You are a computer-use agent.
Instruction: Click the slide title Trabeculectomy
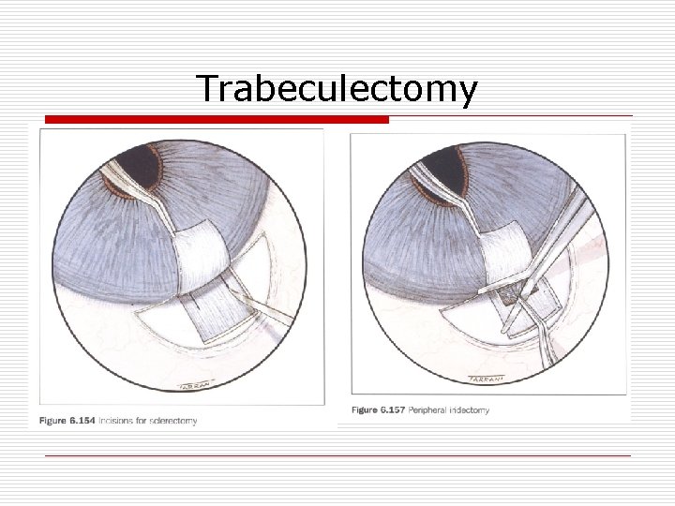pos(337,89)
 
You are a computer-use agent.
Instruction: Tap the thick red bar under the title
pos(217,120)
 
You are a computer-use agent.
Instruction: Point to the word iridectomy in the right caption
pos(468,410)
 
